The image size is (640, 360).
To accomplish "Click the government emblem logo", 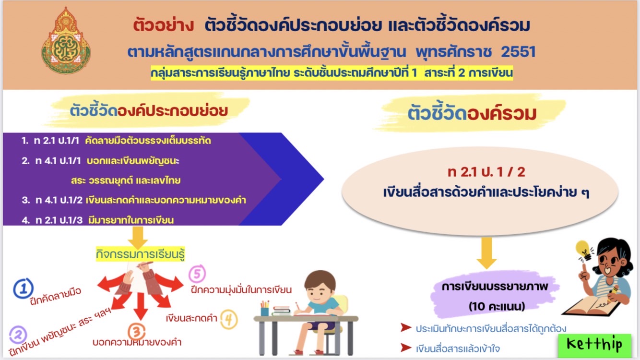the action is (66, 41).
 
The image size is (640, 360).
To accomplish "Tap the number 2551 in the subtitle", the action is (518, 52).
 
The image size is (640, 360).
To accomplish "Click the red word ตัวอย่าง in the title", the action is (164, 25).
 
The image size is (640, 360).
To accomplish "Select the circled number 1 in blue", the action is (24, 288).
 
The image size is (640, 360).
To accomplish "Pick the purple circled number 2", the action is (18, 335).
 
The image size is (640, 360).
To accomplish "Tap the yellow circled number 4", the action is (229, 319).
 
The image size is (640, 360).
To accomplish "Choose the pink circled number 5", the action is (197, 273).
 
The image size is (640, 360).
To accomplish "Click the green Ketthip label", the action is (595, 345).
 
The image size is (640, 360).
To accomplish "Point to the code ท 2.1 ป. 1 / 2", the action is (486, 172).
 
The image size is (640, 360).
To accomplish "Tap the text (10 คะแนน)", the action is (497, 306).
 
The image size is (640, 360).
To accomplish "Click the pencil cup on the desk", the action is (265, 308).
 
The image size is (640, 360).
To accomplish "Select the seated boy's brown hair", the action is (320, 280).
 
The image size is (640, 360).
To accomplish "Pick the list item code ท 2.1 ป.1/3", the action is (59, 220).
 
